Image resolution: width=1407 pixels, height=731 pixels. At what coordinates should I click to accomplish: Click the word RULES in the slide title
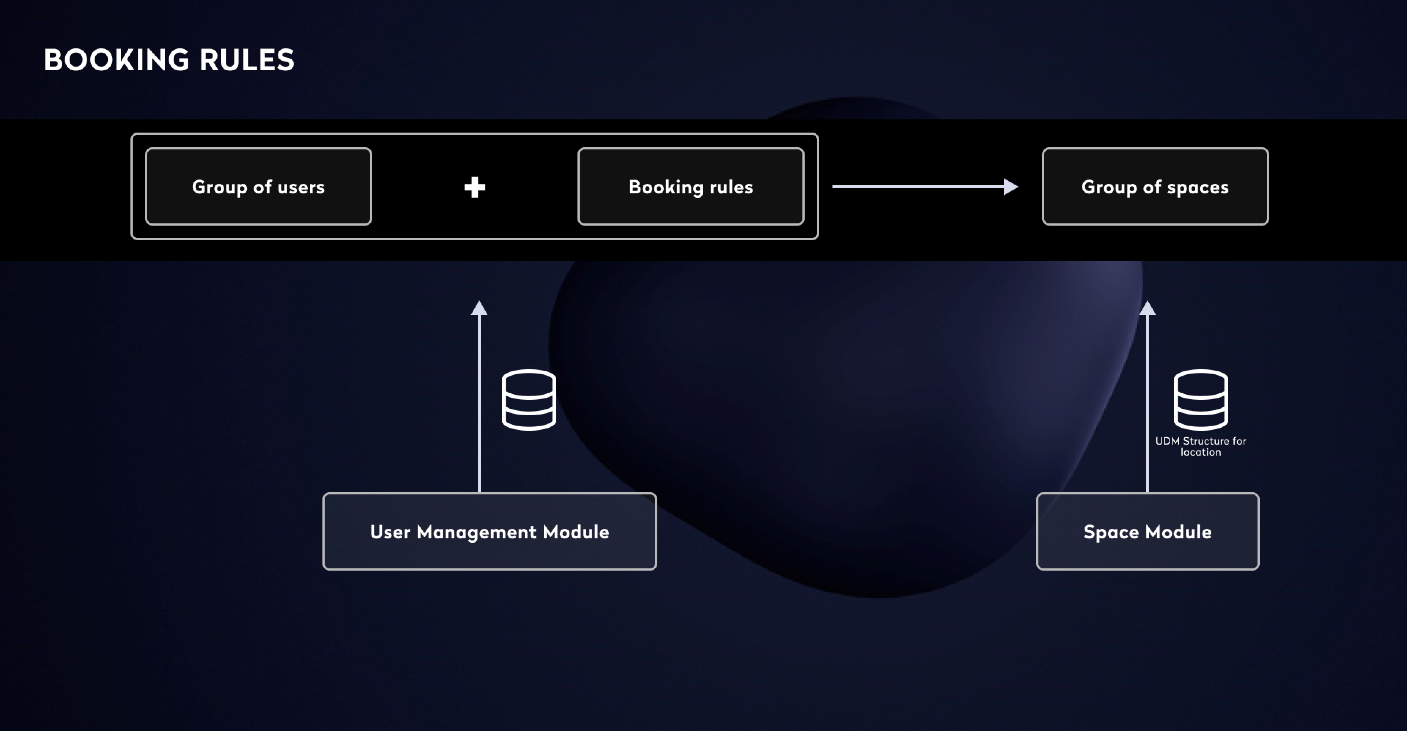[x=247, y=60]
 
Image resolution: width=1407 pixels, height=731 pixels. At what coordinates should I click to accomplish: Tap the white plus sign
[x=474, y=187]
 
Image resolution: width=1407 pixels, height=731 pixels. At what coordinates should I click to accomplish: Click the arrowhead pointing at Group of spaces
[x=1011, y=187]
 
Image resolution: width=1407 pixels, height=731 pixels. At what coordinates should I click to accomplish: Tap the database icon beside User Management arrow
[x=529, y=400]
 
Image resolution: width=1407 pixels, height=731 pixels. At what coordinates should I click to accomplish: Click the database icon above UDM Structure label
[x=1201, y=400]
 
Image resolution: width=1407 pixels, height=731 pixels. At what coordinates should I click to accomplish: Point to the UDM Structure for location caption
[x=1201, y=446]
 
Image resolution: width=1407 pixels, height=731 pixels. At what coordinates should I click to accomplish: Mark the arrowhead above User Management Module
[x=479, y=308]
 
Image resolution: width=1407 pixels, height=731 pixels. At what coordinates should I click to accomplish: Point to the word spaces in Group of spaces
[x=1198, y=187]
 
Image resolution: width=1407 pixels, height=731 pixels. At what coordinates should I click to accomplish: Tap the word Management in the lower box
[x=476, y=532]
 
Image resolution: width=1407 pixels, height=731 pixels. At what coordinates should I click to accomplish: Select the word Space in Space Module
[x=1111, y=532]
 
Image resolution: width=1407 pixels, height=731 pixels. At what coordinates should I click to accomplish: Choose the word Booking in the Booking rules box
[x=666, y=187]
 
